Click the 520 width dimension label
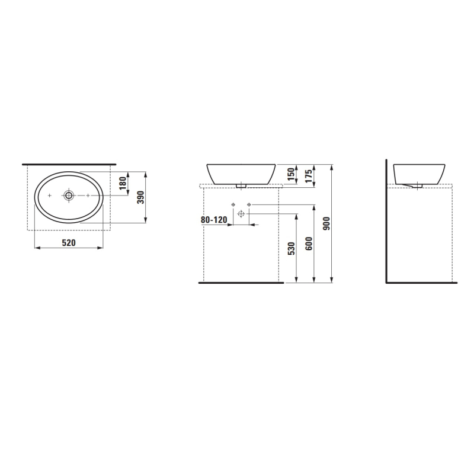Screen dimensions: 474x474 [x=69, y=242]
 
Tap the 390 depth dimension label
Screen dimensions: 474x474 [x=142, y=197]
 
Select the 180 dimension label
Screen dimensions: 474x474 [x=122, y=183]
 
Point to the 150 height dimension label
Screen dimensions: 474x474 [x=290, y=174]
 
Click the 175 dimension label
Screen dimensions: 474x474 [x=308, y=176]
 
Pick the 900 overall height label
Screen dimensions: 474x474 [x=326, y=223]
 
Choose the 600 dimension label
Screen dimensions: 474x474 [x=309, y=244]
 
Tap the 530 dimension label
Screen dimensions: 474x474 [x=291, y=248]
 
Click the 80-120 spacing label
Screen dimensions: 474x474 [x=214, y=220]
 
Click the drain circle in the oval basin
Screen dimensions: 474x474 [x=69, y=196]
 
